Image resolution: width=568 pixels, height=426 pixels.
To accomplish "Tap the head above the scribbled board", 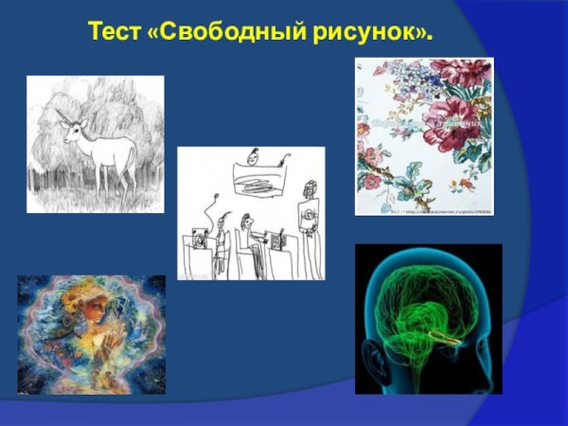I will pyautogui.click(x=253, y=154).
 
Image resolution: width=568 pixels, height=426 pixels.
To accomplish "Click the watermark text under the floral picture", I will pyautogui.click(x=445, y=211).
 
